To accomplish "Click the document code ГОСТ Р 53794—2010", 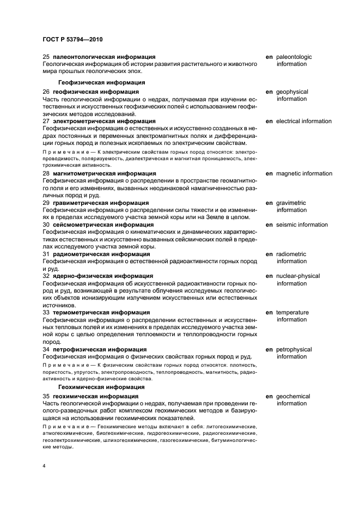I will [x=72, y=40].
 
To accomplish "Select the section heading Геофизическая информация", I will [x=101, y=82].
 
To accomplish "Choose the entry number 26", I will [x=46, y=92].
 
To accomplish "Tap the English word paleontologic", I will [x=294, y=57].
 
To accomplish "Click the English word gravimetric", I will [x=291, y=203].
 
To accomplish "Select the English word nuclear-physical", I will [x=298, y=276].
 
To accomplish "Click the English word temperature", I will [x=292, y=312].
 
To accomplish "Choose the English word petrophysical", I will [x=294, y=349].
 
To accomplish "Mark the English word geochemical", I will [x=293, y=396].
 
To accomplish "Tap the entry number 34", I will [x=46, y=349].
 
